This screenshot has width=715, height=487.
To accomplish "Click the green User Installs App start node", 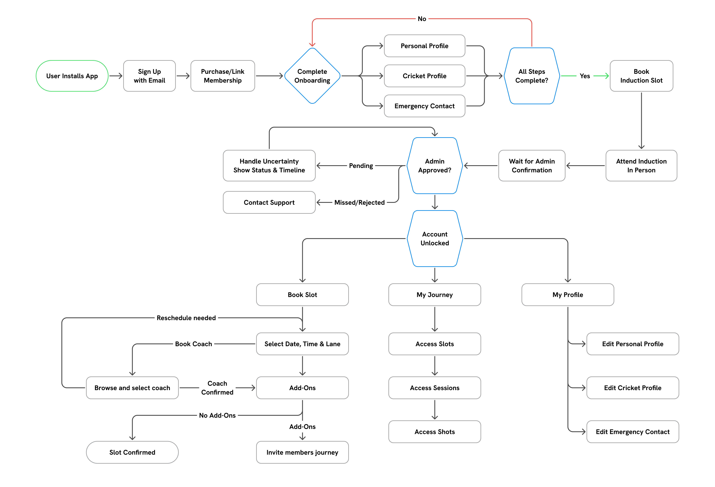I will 72,76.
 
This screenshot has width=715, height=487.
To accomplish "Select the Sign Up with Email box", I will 149,76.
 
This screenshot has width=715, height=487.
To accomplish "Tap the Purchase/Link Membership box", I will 222,76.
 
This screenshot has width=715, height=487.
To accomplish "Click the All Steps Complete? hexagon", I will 531,76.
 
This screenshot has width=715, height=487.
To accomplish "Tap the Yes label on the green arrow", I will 585,76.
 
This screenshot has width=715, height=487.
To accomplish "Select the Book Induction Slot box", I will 641,76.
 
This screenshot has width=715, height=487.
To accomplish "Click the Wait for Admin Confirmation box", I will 531,166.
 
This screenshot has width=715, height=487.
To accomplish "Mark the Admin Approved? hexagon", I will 434,166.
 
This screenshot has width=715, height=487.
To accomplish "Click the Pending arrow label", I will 361,166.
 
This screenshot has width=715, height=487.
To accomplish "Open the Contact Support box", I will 269,202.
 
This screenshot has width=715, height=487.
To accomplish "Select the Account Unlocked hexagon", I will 434,239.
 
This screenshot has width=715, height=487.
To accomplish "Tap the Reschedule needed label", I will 186,318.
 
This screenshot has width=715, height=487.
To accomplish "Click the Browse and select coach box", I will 132,388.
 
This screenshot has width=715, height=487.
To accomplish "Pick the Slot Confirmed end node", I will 132,452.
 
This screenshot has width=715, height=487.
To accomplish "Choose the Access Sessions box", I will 434,388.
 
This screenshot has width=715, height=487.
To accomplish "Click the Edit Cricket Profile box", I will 633,388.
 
